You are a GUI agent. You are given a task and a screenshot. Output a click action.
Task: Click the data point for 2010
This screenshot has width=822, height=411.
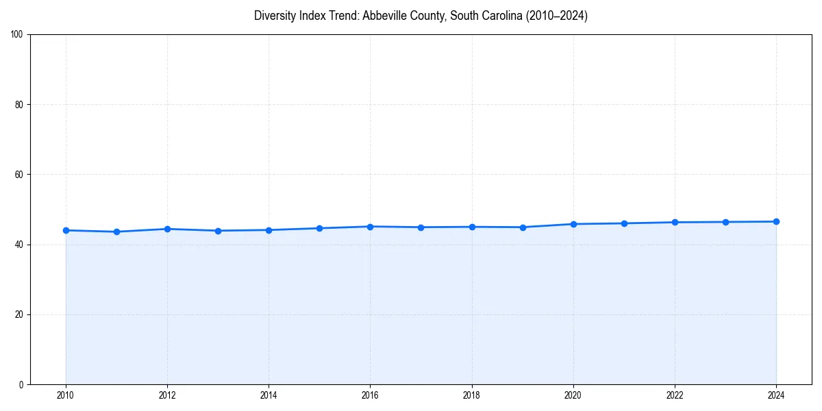[x=66, y=230]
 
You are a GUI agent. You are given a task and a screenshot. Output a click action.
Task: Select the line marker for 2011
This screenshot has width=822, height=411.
[x=116, y=232]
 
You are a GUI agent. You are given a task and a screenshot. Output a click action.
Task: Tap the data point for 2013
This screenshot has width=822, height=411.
[x=218, y=231]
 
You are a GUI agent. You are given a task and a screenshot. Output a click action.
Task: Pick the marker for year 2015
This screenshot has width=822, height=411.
[x=319, y=228]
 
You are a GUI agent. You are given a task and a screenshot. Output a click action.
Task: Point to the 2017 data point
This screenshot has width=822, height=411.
[x=421, y=227]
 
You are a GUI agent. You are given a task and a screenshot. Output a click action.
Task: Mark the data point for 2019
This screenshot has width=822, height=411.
[x=523, y=227]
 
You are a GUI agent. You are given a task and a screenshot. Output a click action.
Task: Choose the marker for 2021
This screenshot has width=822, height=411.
[x=624, y=223]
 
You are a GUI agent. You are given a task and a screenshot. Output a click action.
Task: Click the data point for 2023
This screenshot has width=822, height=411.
[x=725, y=222]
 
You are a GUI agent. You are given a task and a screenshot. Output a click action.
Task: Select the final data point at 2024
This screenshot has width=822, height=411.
[x=776, y=221]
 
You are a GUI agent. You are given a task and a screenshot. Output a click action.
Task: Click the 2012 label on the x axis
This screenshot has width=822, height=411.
[x=167, y=395]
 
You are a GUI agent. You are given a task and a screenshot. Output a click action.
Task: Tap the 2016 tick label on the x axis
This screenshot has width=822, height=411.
[x=370, y=395]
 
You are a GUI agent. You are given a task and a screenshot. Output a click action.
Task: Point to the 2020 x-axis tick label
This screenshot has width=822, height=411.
[x=573, y=395]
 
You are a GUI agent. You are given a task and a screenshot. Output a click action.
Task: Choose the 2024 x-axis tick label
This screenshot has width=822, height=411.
[x=776, y=395]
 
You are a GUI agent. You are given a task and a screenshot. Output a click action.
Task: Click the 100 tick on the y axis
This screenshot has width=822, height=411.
[x=17, y=35]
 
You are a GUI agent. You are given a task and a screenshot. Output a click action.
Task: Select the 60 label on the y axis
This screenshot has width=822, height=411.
[x=19, y=175]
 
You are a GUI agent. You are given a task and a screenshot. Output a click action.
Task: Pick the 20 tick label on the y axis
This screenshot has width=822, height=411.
[x=19, y=314]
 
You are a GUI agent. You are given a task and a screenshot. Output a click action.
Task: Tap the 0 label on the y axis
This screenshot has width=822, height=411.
[x=21, y=384]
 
